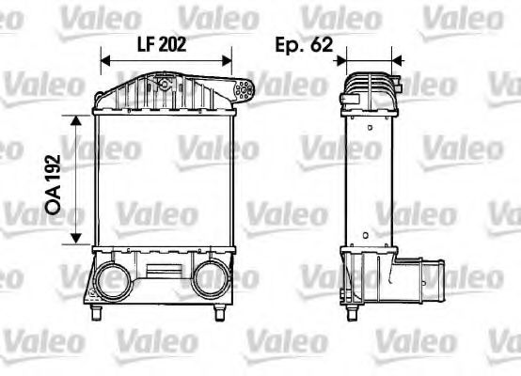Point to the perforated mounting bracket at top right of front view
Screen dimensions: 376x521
244,91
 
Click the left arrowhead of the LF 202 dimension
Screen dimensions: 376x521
104,59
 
